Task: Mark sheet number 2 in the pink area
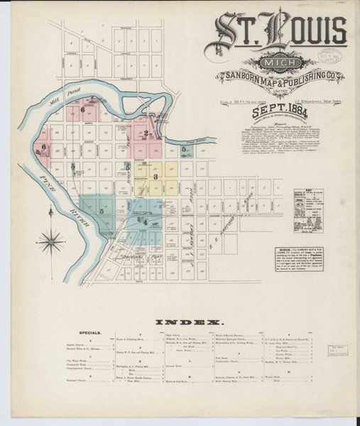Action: (146, 133)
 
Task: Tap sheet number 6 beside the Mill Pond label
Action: (83, 109)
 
